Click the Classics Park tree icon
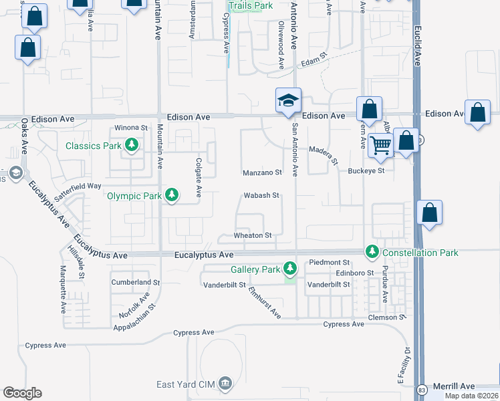pyautogui.click(x=132, y=145)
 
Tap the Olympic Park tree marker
pyautogui.click(x=172, y=195)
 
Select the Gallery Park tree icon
pyautogui.click(x=289, y=269)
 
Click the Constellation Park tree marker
pyautogui.click(x=372, y=252)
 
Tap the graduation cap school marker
pyautogui.click(x=289, y=100)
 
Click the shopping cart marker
pyautogui.click(x=380, y=144)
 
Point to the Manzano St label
pyautogui.click(x=262, y=172)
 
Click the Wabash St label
pyautogui.click(x=261, y=196)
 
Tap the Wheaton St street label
pyautogui.click(x=253, y=235)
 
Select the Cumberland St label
pyautogui.click(x=136, y=283)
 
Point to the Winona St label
pyautogui.click(x=131, y=127)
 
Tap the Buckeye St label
pyautogui.click(x=366, y=170)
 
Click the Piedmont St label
pyautogui.click(x=328, y=263)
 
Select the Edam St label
pyautogui.click(x=311, y=61)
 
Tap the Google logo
pyautogui.click(x=23, y=393)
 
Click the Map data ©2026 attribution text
pyautogui.click(x=471, y=396)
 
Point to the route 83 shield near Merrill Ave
pyautogui.click(x=420, y=388)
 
